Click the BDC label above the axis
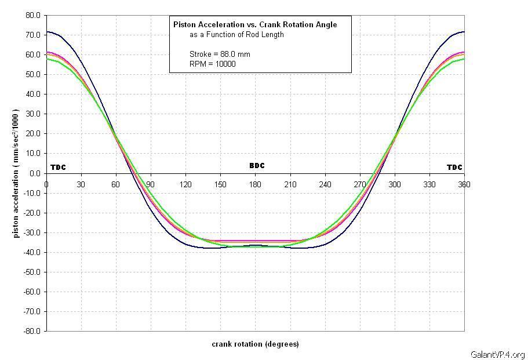257,166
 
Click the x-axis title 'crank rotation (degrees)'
255,344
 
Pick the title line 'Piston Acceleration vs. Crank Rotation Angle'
255,24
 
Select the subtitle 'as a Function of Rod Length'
236,35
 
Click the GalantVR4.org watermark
498,355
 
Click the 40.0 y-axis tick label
34,94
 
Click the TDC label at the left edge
58,168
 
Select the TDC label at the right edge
454,168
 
